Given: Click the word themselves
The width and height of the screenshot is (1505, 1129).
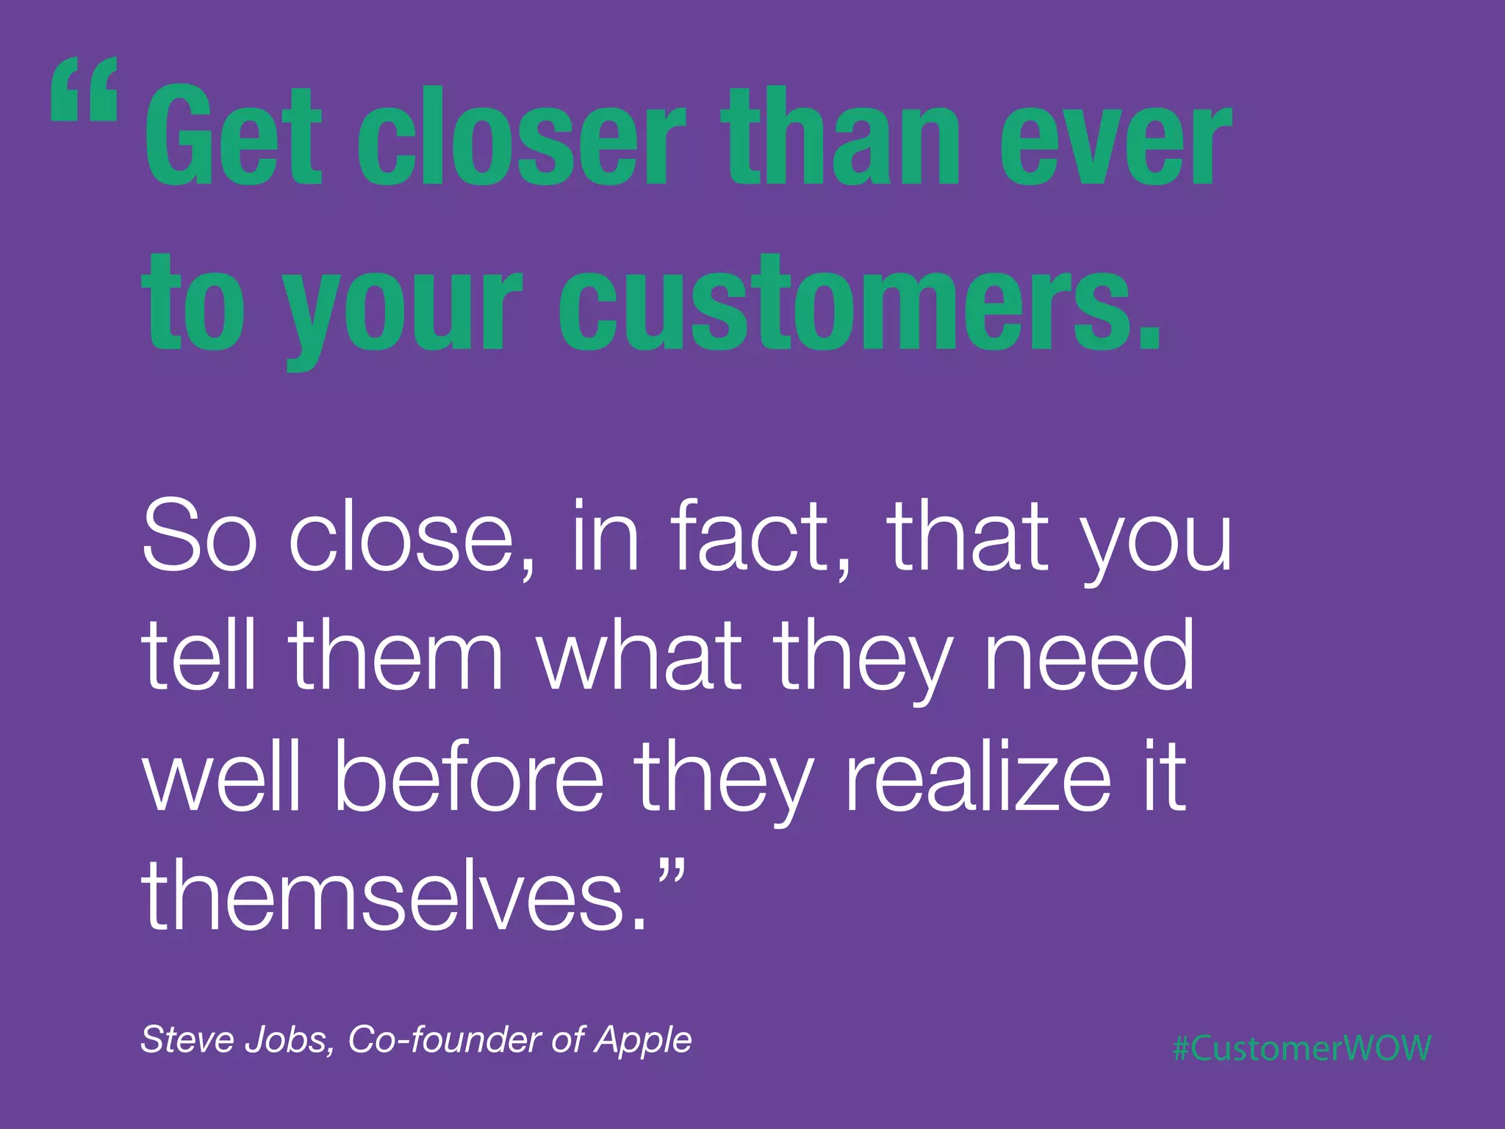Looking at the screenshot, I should click(393, 897).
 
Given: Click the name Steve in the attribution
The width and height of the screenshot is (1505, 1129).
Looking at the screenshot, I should click(188, 1039).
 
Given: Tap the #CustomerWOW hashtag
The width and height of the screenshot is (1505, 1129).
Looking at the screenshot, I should click(1301, 1048).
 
